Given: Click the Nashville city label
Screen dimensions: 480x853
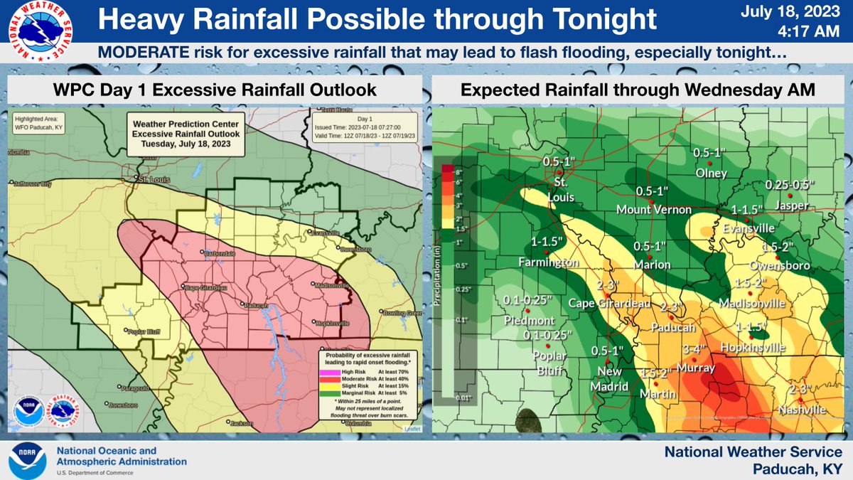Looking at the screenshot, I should (x=801, y=410).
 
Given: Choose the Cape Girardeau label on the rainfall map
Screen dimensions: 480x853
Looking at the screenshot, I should (x=611, y=303).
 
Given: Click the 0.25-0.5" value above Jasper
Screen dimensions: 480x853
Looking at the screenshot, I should (x=790, y=185).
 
